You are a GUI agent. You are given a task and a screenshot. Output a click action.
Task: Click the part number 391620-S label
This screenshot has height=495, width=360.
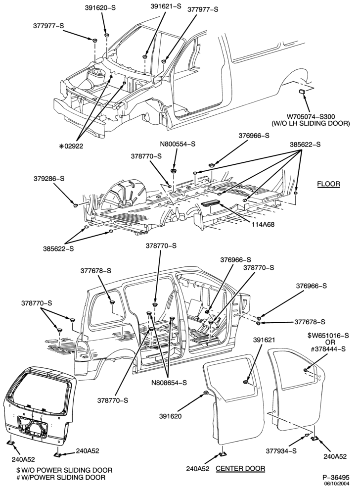(100, 8)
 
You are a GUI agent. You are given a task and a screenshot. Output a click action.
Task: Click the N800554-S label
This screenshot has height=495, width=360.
(177, 144)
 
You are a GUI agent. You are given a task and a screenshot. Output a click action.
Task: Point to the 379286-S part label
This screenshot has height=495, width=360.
(49, 178)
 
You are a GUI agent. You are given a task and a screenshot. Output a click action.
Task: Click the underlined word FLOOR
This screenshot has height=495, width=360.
(328, 184)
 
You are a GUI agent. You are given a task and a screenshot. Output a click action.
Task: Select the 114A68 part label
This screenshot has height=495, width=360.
(263, 224)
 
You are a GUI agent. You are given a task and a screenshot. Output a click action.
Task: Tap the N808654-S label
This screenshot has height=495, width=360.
(169, 383)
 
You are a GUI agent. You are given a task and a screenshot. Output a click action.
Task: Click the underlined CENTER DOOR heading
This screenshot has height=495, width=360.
(240, 468)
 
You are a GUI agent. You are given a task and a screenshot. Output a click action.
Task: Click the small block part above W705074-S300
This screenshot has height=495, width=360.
(302, 92)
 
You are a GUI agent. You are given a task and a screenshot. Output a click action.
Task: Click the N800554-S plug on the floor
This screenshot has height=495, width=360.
(174, 171)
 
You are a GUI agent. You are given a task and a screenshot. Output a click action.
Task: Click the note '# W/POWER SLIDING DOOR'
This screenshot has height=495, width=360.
(61, 477)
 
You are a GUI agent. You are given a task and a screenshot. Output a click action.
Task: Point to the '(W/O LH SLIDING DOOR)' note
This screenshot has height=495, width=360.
(311, 123)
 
